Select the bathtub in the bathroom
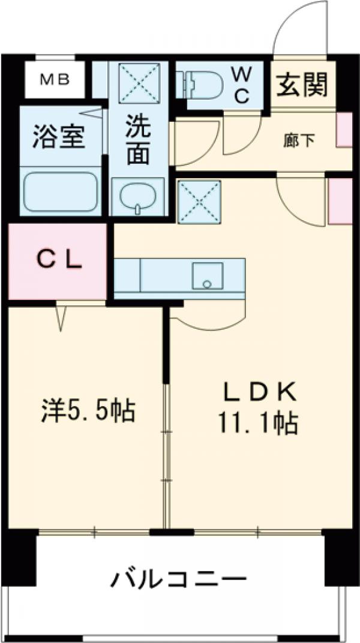(59, 191)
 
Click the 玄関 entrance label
(302, 86)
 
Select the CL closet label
(59, 261)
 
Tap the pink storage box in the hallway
(344, 130)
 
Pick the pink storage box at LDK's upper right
(340, 200)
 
